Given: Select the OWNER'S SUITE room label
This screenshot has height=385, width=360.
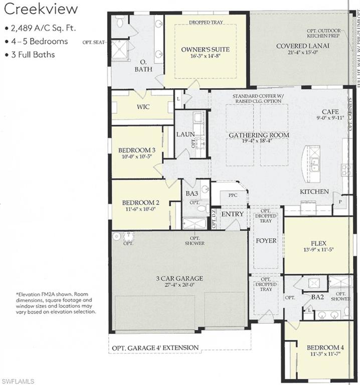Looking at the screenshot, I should (x=205, y=49).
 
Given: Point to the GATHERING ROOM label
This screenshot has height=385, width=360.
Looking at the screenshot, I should (x=259, y=135).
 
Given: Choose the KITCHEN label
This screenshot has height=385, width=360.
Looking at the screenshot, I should (x=314, y=191).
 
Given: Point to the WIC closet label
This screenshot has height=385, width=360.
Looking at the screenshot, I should (x=143, y=107).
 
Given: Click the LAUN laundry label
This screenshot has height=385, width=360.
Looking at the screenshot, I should (x=185, y=134).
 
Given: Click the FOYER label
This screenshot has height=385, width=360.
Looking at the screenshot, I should (x=266, y=241).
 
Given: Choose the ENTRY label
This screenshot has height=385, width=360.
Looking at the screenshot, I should (x=232, y=214).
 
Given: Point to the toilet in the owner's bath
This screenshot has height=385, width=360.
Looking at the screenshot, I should (x=119, y=22).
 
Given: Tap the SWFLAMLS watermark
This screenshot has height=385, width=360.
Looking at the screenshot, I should (x=18, y=381).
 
